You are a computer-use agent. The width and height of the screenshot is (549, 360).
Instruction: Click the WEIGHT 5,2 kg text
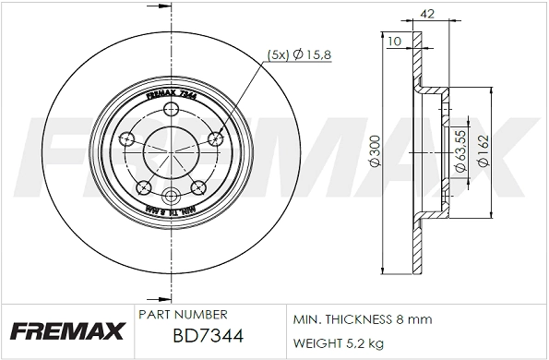tap(339, 342)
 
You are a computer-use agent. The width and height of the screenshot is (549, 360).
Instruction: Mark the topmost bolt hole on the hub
tap(171, 111)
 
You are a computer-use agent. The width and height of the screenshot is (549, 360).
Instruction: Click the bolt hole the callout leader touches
tap(217, 138)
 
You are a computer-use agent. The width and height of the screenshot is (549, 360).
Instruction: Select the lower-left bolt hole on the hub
tap(143, 187)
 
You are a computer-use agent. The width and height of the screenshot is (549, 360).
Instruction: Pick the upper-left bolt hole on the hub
tap(126, 139)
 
